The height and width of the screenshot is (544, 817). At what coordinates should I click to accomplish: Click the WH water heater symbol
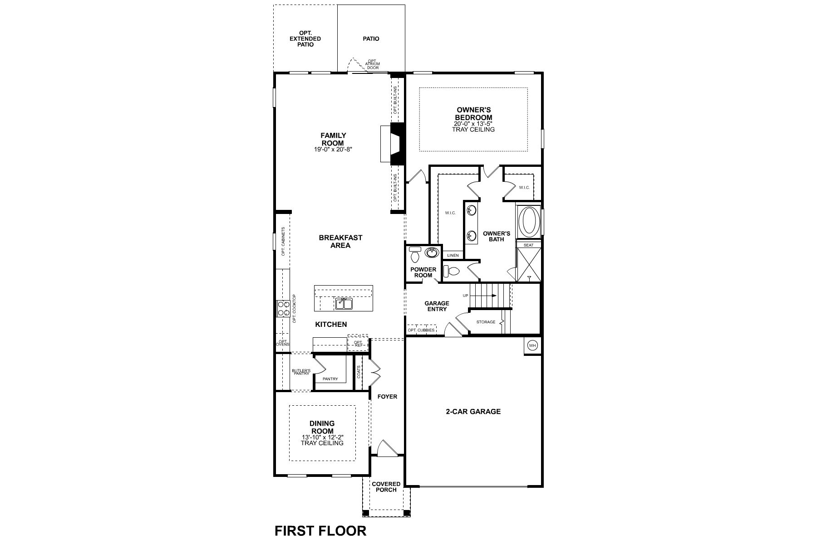click(532, 346)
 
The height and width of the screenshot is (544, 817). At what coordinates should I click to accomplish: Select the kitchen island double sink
click(344, 303)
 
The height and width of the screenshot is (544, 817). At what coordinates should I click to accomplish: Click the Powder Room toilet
click(414, 257)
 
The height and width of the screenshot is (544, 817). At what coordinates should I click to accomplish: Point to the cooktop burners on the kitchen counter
click(283, 309)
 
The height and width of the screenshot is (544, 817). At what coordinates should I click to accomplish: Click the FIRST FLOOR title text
click(320, 530)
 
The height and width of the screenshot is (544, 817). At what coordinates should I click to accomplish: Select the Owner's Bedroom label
click(473, 113)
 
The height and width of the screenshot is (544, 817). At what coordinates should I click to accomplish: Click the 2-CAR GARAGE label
click(473, 412)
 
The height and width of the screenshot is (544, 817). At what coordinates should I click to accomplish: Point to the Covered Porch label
click(386, 487)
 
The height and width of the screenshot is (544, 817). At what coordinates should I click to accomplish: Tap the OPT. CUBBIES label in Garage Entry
click(421, 330)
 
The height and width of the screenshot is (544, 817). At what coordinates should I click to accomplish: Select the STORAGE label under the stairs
click(486, 322)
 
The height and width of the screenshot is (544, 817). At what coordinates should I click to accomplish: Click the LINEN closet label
click(453, 256)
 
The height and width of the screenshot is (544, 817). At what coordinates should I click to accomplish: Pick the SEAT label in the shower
click(529, 245)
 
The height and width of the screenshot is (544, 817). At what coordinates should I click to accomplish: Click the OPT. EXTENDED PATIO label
click(305, 39)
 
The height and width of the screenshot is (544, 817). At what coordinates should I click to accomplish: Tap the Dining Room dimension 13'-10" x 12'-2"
click(322, 437)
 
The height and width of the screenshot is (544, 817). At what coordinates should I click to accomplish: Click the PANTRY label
click(330, 379)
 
